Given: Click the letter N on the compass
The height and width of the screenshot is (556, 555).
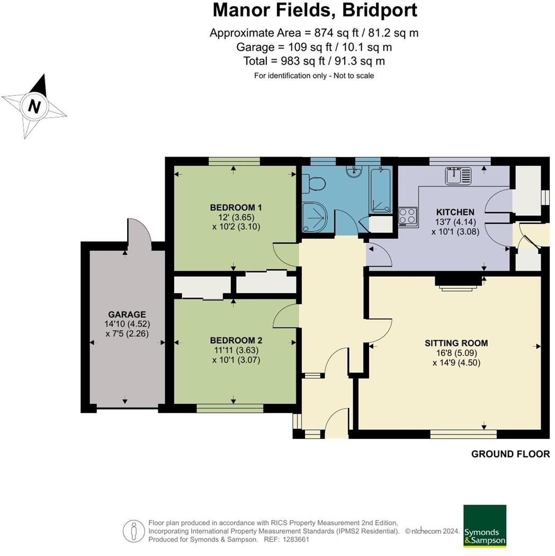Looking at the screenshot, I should click(34, 107).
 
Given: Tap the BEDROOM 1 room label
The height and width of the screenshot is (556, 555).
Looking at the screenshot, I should click(236, 207).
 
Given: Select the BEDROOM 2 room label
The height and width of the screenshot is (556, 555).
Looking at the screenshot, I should click(236, 340).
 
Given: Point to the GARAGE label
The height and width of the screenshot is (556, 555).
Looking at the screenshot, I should click(127, 314).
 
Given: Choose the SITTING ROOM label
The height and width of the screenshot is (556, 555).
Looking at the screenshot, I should click(456, 343).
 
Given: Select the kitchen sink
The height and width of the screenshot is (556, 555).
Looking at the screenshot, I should click(458, 175).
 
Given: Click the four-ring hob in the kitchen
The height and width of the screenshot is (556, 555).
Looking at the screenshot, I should click(407, 216).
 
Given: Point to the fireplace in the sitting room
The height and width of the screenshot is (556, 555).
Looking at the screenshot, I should click(456, 283).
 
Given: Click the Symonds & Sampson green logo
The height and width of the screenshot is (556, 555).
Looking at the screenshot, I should click(485, 526).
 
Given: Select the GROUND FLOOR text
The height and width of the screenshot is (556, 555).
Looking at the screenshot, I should click(510, 454).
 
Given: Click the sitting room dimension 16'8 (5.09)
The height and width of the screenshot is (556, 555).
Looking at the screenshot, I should click(456, 353).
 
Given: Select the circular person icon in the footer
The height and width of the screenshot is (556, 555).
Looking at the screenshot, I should click(134, 531).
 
